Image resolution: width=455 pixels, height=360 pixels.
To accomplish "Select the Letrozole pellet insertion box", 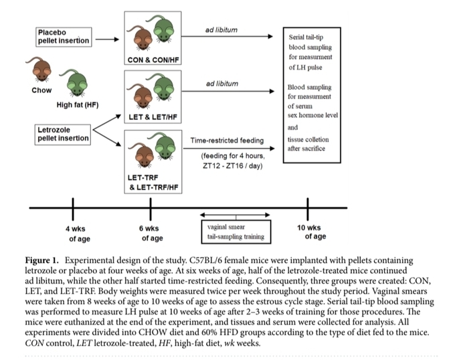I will (x=63, y=133).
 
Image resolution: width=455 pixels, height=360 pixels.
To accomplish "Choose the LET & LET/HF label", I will (x=153, y=117).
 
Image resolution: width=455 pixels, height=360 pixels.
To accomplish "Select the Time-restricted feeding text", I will (x=227, y=141).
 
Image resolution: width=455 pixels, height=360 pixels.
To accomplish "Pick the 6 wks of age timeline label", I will (x=153, y=233).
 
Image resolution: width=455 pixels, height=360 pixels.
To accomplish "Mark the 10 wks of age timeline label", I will (x=310, y=232).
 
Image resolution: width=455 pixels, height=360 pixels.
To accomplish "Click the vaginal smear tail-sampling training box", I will (x=236, y=232).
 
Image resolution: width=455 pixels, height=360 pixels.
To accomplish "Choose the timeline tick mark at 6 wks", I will (x=153, y=208).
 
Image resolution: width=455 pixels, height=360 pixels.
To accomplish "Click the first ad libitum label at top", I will (x=221, y=30).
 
